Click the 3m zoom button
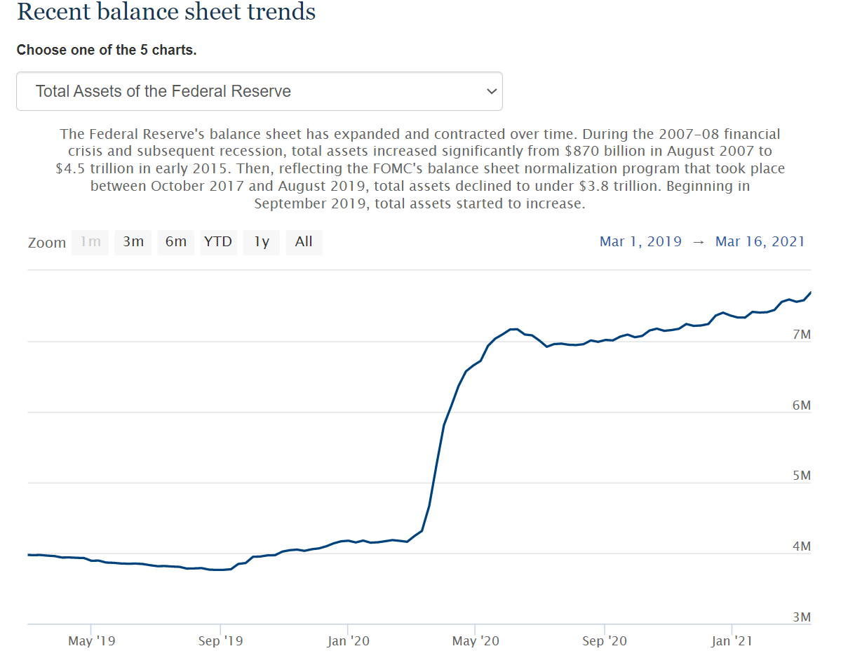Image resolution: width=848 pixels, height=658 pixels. pos(133,242)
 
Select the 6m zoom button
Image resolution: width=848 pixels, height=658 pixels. pos(176,242)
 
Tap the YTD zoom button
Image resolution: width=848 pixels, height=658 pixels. pos(218,242)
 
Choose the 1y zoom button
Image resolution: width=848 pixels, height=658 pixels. pos(262,242)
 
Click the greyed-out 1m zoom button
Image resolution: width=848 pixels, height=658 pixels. pos(90,242)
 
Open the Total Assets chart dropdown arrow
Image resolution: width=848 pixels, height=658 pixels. pos(492,91)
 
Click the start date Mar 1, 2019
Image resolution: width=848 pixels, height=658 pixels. pos(640,242)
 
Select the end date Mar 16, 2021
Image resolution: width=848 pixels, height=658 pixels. pos(760,242)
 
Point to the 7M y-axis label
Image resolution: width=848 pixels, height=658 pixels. pos(801,335)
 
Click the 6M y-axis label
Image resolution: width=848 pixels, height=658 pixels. pos(801,405)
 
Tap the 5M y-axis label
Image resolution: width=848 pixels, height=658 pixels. pos(801,476)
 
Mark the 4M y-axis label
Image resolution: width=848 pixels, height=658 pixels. pos(801,546)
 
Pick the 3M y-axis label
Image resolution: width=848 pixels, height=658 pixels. pos(801,617)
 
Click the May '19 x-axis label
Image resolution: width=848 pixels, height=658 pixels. pos(92,641)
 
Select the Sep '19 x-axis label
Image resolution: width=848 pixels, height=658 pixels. pos(220,641)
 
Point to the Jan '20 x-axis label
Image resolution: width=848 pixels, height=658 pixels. pos(348,641)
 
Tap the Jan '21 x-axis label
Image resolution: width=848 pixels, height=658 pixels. pos(732,641)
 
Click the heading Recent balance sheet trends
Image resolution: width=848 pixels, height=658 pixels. pos(166,12)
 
